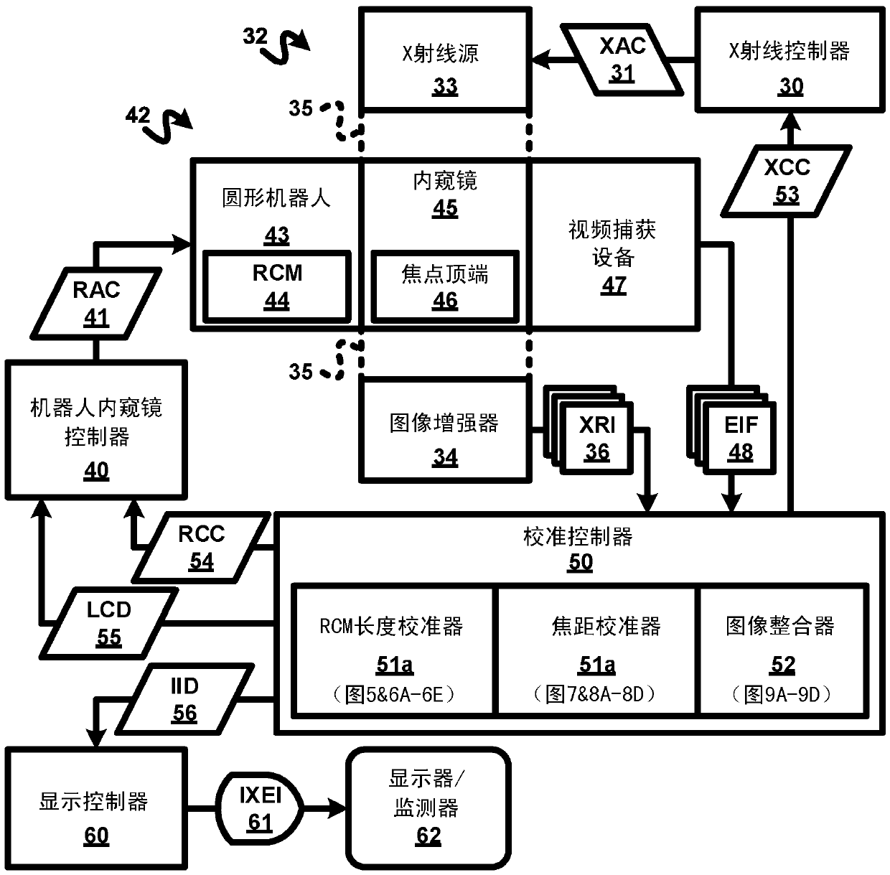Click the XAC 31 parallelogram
[622, 60]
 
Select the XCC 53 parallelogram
[787, 181]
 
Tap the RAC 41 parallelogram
[96, 304]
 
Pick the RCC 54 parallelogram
[202, 548]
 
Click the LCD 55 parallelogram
[109, 623]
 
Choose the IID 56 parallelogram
[184, 699]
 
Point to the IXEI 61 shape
[260, 808]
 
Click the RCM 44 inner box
[277, 286]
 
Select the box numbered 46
[445, 286]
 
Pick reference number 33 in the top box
[445, 87]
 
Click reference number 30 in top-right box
[791, 87]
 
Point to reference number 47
[614, 286]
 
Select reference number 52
[783, 665]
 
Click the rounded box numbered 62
[428, 808]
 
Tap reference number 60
[96, 836]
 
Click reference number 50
[580, 563]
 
